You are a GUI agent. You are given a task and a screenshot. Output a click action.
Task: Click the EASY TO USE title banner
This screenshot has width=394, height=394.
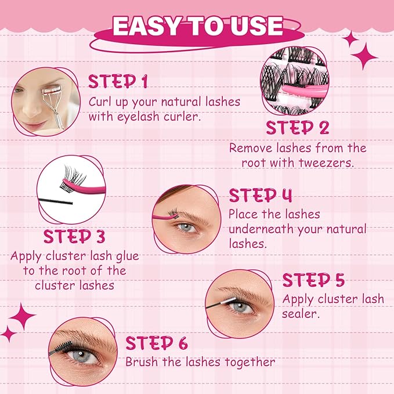click(197, 26)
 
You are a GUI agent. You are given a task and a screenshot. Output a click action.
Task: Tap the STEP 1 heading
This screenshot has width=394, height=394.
click(117, 81)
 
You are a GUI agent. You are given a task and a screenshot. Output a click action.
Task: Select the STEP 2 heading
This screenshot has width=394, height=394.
click(298, 127)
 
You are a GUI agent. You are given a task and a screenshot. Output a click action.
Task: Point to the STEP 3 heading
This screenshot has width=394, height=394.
click(74, 236)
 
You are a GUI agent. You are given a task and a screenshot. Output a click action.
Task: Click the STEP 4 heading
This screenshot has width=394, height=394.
click(260, 194)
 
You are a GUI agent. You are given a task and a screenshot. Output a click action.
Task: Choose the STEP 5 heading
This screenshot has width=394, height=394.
click(313, 280)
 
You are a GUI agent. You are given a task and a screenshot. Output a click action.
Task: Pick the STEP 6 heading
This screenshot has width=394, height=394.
click(156, 342)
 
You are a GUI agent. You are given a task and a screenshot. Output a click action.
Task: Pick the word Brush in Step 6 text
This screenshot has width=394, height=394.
click(141, 362)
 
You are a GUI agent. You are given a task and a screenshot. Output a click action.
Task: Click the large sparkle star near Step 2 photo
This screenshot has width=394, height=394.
click(364, 56)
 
